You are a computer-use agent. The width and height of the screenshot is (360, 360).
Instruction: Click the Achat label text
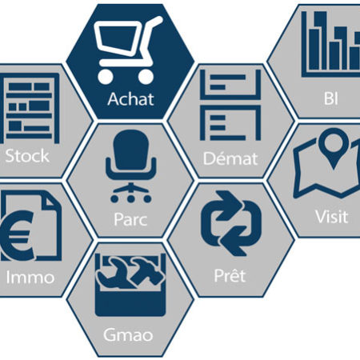point(130,99)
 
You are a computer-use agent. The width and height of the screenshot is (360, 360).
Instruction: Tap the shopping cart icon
point(128,50)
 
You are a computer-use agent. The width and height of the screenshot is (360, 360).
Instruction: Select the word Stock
point(27,156)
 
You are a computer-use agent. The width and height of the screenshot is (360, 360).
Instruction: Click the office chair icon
point(130,166)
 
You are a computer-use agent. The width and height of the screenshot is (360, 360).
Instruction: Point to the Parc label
point(130,219)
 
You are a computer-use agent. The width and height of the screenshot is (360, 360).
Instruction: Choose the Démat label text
point(230,158)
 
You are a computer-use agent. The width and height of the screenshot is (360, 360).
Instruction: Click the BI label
point(331,98)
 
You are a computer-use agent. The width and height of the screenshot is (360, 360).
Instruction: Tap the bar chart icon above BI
point(330,44)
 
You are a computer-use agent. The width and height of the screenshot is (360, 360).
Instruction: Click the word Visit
point(331,216)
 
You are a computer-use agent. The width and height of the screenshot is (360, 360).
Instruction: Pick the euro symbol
point(18,235)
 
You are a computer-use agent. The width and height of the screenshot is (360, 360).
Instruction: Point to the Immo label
point(30,278)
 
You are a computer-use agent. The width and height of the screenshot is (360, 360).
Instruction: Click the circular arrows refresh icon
point(231,223)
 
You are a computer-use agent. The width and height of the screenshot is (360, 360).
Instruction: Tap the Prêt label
point(230,276)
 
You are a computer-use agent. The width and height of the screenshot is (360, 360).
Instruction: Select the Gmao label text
point(128,334)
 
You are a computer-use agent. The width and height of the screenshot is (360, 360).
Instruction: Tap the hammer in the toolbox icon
point(147,270)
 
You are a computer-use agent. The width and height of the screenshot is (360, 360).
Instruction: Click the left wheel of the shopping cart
point(106,77)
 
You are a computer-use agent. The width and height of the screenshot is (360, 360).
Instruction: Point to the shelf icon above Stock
point(30,108)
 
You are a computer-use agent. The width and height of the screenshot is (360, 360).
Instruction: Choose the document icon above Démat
point(230,105)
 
